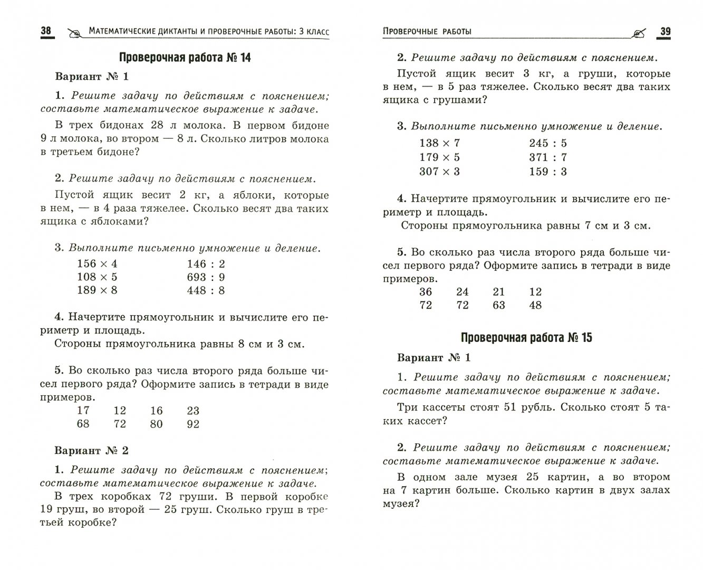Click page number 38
tap(46, 31)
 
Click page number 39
tap(665, 32)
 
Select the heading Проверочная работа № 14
tap(185, 58)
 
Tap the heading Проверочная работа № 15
tap(526, 338)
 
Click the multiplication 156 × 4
tap(97, 264)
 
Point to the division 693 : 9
tap(206, 277)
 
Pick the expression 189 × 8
tap(97, 290)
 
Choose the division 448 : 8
tap(206, 290)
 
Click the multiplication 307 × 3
tap(439, 172)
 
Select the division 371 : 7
tap(547, 157)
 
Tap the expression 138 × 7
tap(439, 143)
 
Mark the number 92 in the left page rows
tap(193, 424)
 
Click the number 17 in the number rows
tap(83, 411)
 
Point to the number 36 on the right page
tap(425, 292)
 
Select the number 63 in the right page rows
tap(498, 305)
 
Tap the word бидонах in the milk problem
tap(114, 126)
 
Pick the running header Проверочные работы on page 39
tap(427, 32)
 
